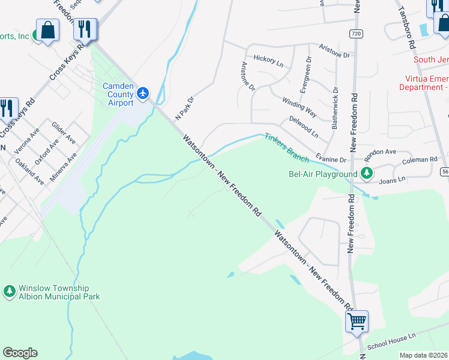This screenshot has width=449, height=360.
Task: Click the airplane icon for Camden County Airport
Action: pyautogui.click(x=143, y=93)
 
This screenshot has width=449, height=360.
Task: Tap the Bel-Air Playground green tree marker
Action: pyautogui.click(x=366, y=174)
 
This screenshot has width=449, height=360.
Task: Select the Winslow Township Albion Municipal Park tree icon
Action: pyautogui.click(x=9, y=292)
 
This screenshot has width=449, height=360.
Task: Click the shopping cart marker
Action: pyautogui.click(x=357, y=322)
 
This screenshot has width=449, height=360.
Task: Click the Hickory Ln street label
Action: pyautogui.click(x=268, y=59)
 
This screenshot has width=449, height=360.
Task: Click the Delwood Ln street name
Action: pyautogui.click(x=303, y=124)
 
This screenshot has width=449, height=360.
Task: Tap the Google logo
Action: pyautogui.click(x=20, y=353)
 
